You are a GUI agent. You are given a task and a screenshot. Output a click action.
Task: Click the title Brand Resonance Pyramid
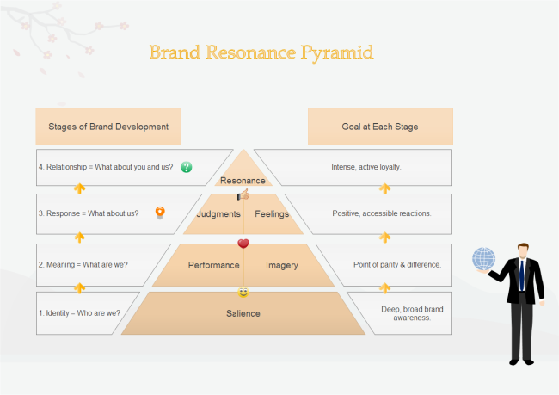click(261, 52)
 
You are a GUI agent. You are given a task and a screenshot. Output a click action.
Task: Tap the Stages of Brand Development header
click(108, 127)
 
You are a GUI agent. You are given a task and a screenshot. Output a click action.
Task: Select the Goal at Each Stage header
click(380, 127)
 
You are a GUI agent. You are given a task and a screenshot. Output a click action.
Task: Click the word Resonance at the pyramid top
click(243, 181)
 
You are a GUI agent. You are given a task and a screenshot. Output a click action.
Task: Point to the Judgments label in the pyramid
click(218, 213)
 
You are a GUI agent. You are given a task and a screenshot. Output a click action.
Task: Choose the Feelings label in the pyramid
click(272, 213)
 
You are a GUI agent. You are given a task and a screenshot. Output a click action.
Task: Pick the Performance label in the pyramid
click(213, 265)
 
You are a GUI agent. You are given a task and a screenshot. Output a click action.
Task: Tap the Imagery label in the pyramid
click(282, 265)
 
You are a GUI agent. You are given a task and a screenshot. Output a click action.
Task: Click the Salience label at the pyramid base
click(243, 313)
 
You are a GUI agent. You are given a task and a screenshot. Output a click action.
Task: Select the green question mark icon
click(187, 167)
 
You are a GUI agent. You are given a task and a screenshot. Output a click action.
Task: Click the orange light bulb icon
click(159, 213)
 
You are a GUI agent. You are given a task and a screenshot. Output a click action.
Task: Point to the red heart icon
click(243, 244)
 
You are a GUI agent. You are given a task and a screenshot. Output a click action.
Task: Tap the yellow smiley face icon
click(243, 293)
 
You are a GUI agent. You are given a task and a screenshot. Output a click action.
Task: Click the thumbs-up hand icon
click(243, 195)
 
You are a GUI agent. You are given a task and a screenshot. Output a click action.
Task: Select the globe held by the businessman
click(484, 259)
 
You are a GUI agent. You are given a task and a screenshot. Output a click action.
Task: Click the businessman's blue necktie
click(521, 275)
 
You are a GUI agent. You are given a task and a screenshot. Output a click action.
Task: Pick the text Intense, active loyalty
click(366, 167)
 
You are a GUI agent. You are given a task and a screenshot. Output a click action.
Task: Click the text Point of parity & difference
click(397, 264)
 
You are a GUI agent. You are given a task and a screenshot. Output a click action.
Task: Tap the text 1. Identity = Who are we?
click(79, 312)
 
